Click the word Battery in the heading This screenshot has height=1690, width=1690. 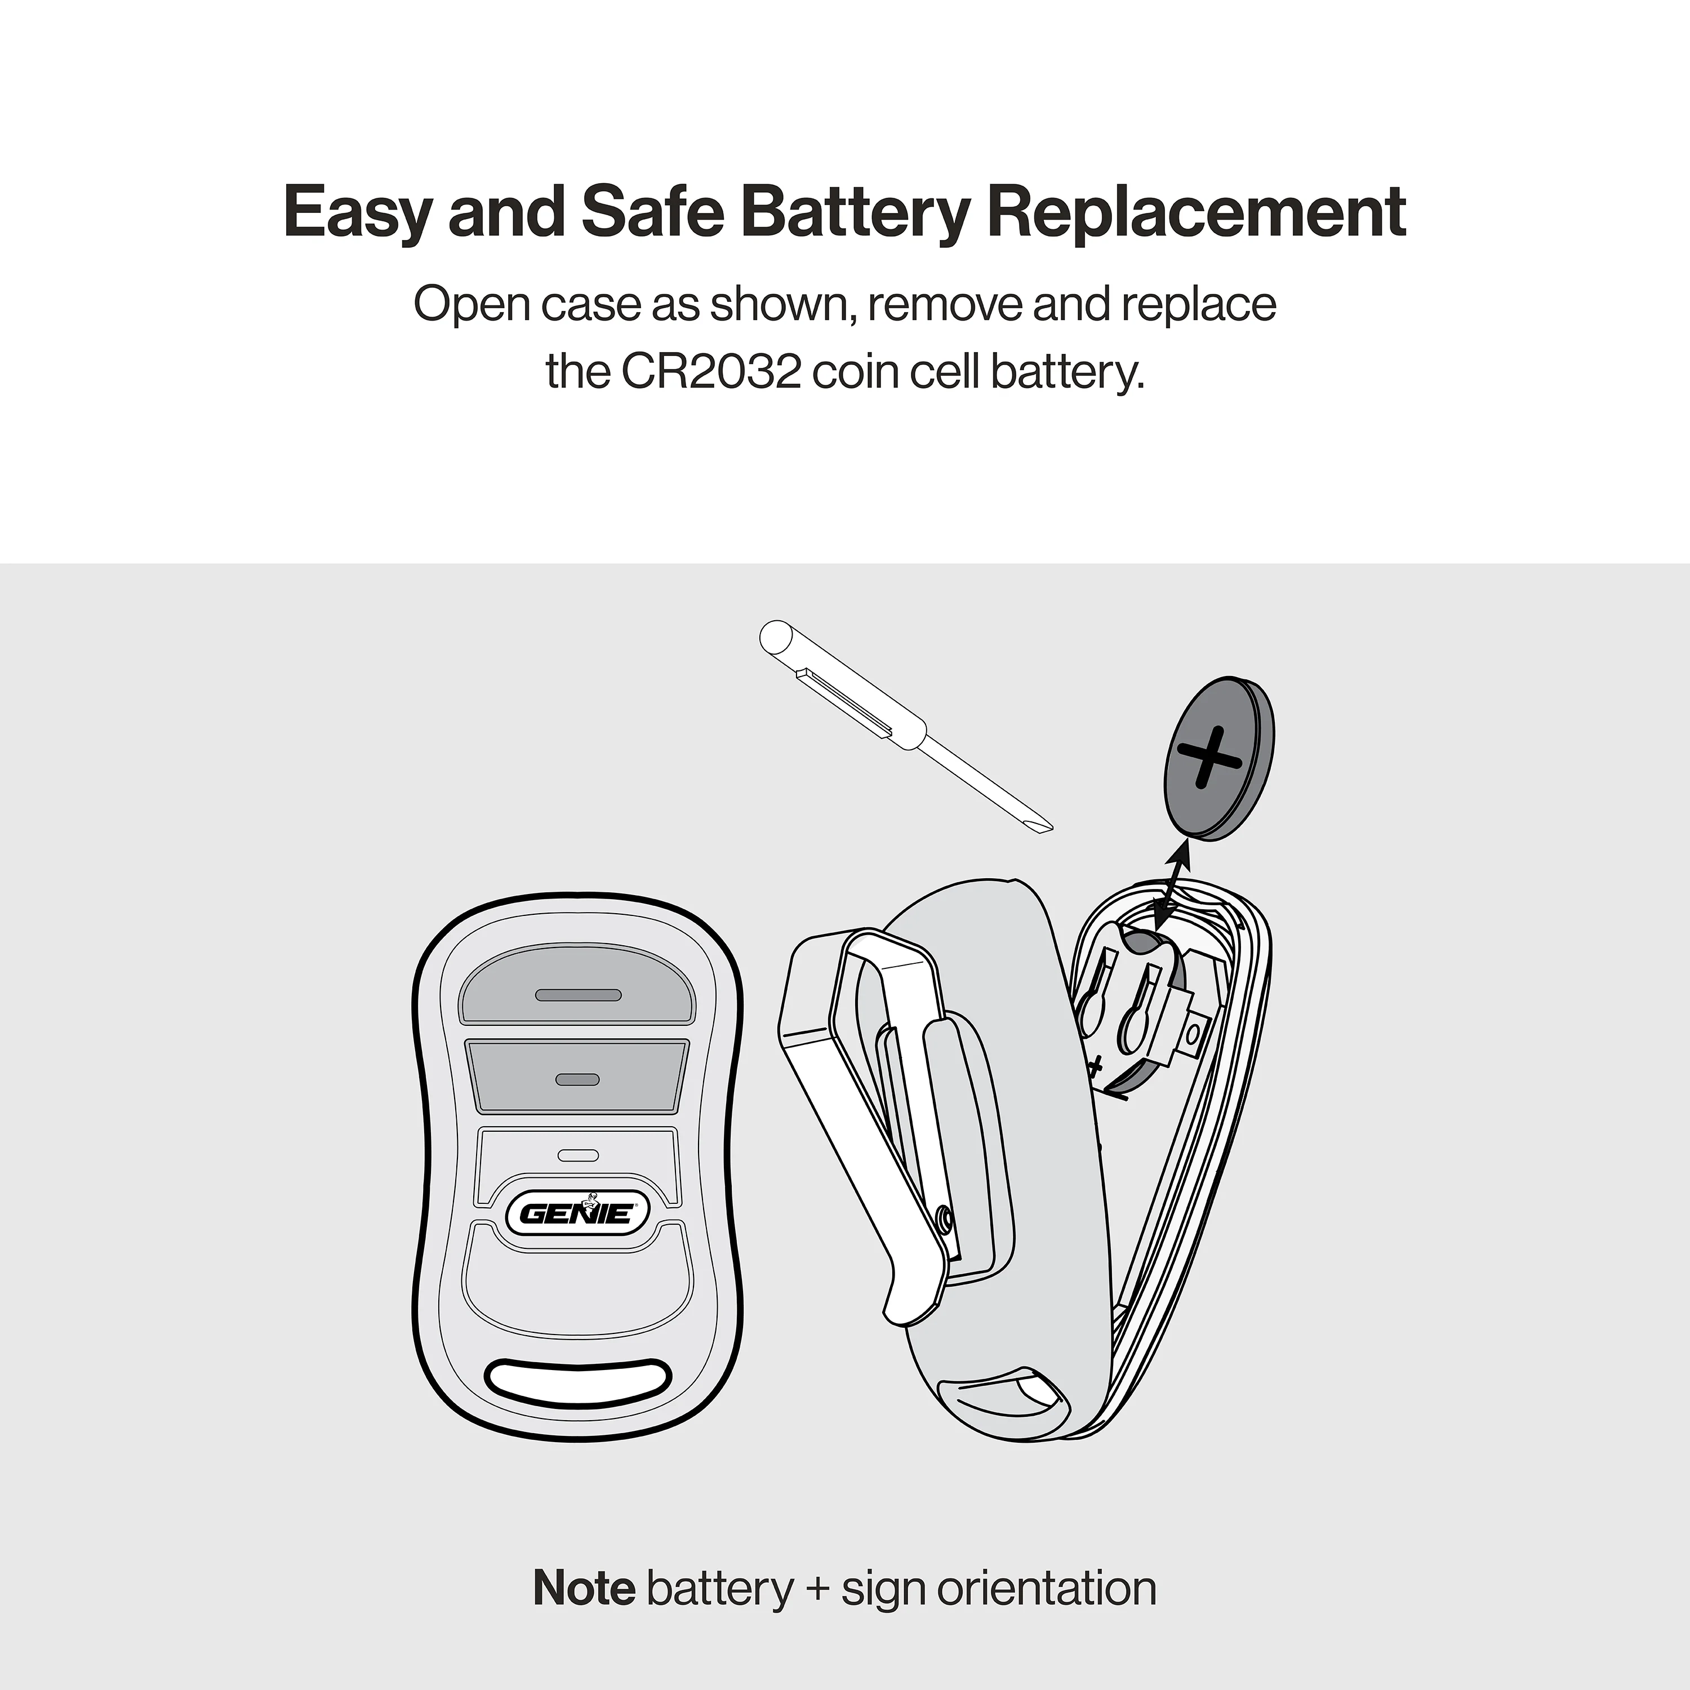[x=855, y=212]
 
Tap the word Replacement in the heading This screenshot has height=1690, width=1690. [x=1196, y=212]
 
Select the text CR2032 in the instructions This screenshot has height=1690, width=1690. [x=710, y=372]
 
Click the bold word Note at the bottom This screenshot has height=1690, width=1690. [x=584, y=1587]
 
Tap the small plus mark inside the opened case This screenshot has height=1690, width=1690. [x=1095, y=1065]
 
